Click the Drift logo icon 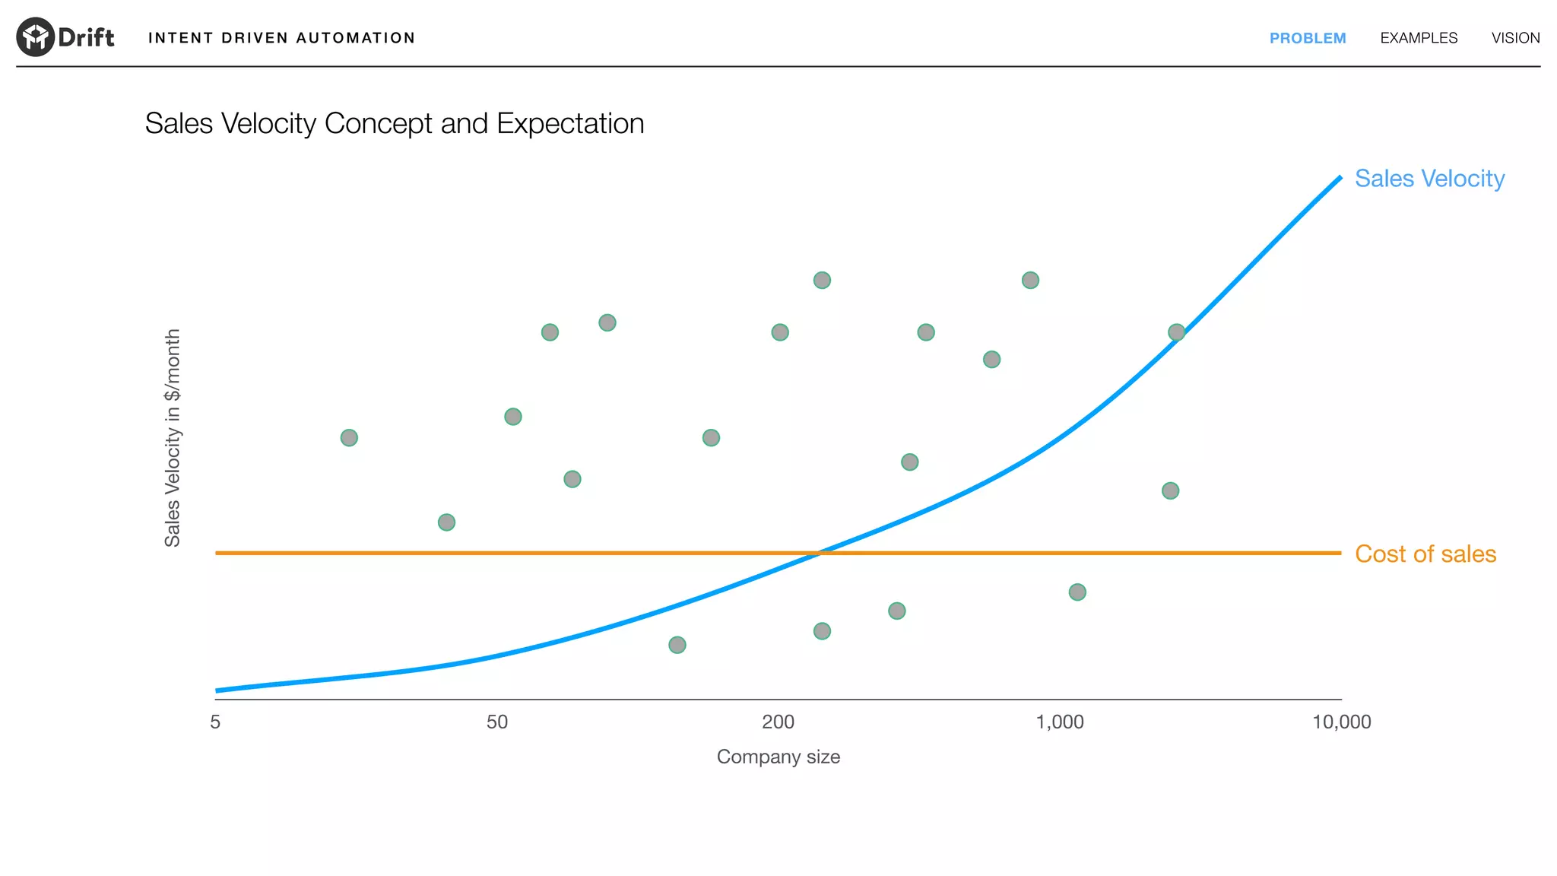click(x=36, y=36)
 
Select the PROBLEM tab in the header click(x=1308, y=38)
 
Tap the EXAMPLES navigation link click(x=1419, y=38)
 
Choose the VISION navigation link click(x=1515, y=38)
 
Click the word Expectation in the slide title click(x=570, y=123)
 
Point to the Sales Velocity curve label click(x=1429, y=179)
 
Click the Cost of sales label click(x=1425, y=554)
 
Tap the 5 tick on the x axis click(x=215, y=722)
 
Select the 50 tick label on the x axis click(x=497, y=722)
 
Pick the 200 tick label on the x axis click(x=778, y=722)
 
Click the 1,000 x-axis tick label click(x=1060, y=722)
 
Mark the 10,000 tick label click(x=1341, y=722)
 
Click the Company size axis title click(x=778, y=757)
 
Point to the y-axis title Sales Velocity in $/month click(x=173, y=437)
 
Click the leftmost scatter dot click(x=349, y=438)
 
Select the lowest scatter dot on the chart click(x=677, y=645)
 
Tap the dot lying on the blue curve click(x=1176, y=332)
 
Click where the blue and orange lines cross click(x=819, y=553)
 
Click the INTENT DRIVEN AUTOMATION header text click(x=281, y=38)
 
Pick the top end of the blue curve click(x=1340, y=178)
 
